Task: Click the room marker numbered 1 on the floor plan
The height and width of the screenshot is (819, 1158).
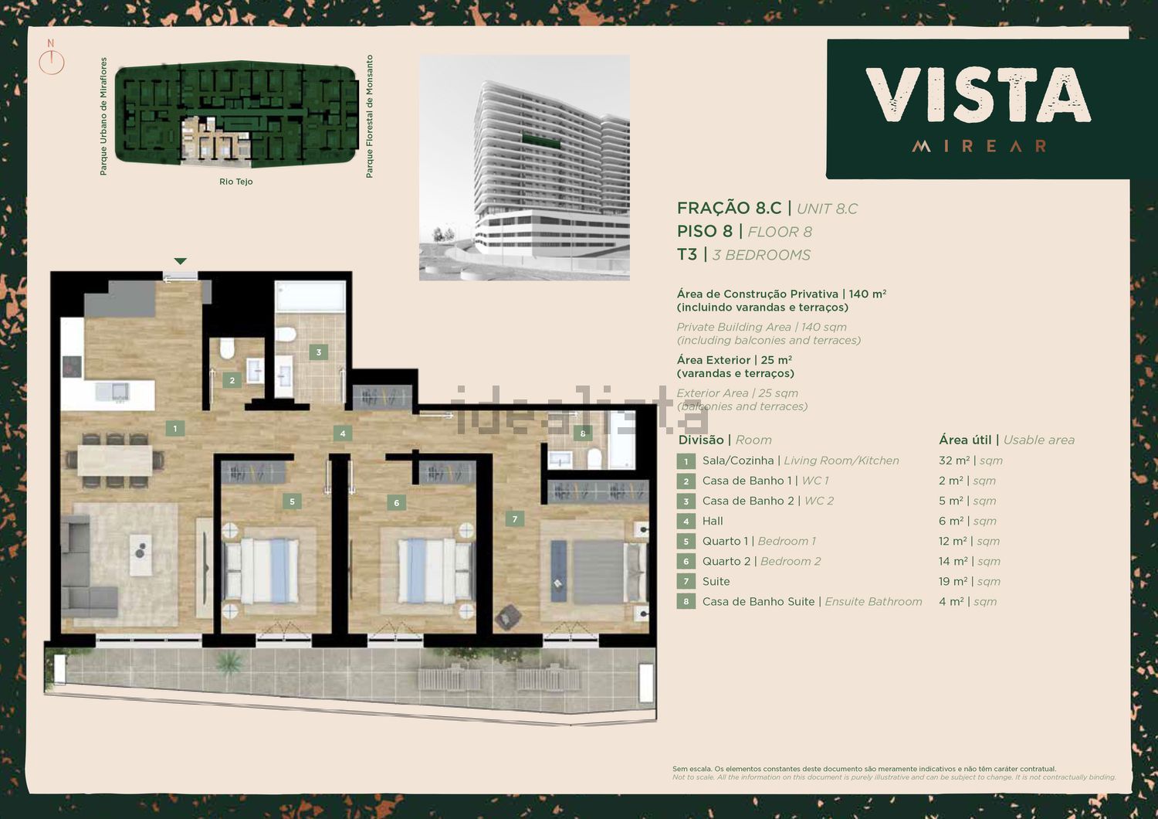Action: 175,428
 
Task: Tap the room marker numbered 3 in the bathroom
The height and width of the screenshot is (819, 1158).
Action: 318,352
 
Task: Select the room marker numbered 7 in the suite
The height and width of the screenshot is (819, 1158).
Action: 514,519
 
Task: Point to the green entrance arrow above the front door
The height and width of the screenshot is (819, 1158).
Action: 180,261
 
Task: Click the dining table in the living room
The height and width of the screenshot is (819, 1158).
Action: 115,460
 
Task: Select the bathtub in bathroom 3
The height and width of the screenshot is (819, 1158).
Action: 310,297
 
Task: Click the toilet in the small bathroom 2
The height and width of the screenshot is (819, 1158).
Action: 228,348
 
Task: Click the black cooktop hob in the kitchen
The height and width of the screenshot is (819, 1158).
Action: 72,366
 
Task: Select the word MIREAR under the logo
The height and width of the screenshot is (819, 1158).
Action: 979,146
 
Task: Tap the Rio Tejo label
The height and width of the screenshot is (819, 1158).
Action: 235,182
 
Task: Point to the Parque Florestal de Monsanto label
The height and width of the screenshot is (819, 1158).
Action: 369,117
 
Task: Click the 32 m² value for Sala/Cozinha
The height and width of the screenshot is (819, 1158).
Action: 953,460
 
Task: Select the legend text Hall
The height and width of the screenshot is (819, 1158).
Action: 713,521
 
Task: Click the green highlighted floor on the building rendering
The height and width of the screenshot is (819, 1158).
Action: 540,140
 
